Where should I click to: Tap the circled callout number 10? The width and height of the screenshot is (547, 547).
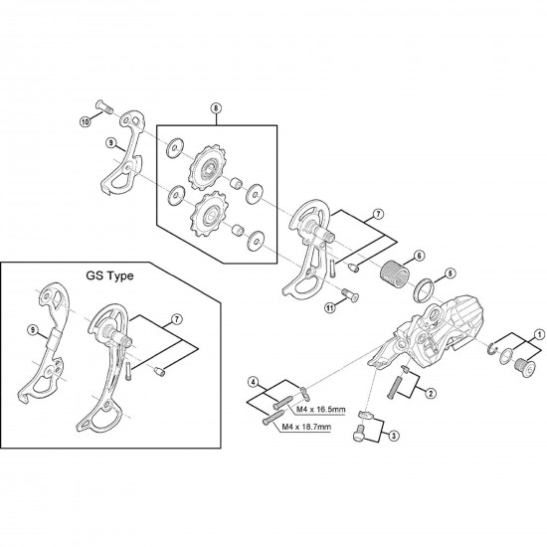click(x=85, y=122)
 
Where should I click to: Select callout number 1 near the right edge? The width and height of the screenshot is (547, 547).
click(x=538, y=334)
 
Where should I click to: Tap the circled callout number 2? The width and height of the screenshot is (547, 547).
click(x=430, y=393)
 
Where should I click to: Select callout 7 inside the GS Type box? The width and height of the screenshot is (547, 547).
click(x=177, y=317)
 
